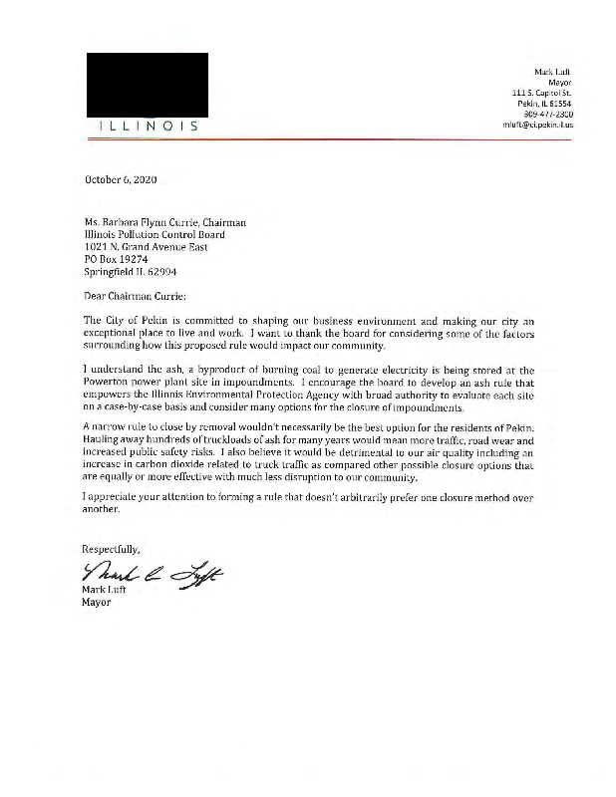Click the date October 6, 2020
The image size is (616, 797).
point(121,180)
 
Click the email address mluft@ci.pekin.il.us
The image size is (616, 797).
point(539,126)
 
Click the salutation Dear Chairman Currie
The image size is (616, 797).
point(135,295)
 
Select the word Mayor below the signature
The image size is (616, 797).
point(97,602)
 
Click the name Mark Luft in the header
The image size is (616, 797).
point(553,71)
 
